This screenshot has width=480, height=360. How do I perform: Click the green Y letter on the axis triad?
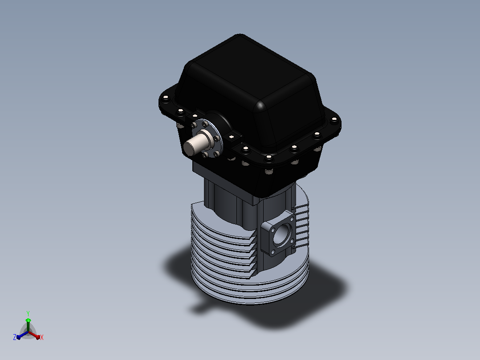pyautogui.click(x=28, y=313)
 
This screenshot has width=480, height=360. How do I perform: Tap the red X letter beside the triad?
pyautogui.click(x=42, y=337)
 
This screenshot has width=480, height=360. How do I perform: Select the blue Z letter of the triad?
pyautogui.click(x=15, y=337)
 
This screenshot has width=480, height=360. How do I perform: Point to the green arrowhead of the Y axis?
pyautogui.click(x=28, y=320)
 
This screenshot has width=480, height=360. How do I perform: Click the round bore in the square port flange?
pyautogui.click(x=281, y=235)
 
